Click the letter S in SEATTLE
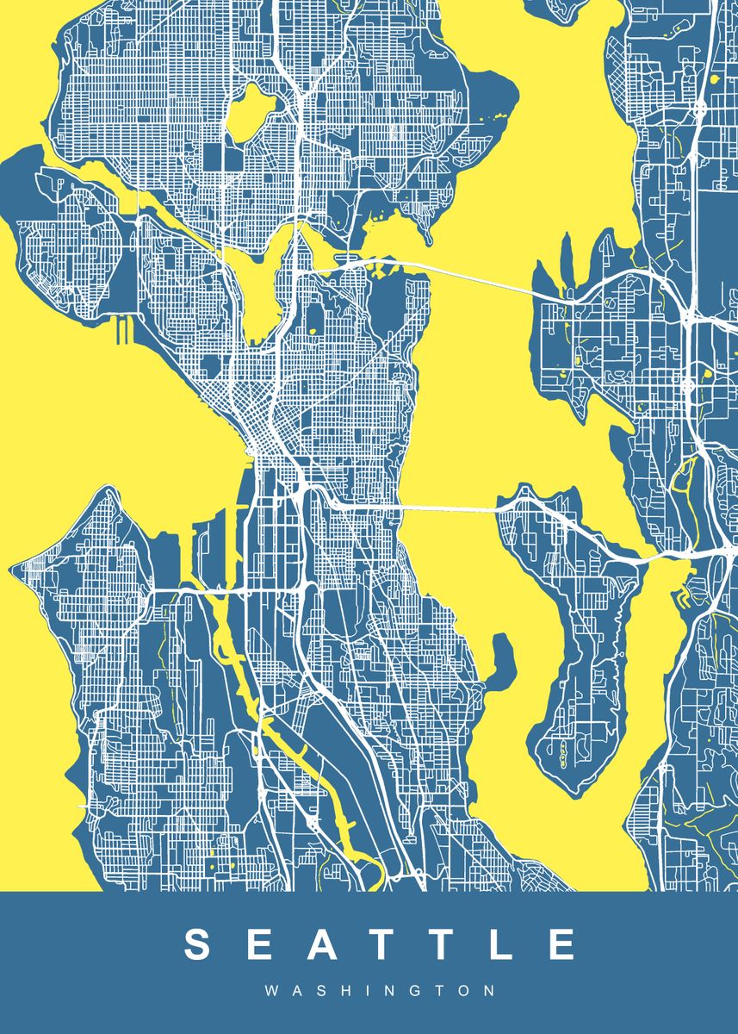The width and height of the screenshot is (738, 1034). point(199,944)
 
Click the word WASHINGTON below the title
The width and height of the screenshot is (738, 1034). point(380,991)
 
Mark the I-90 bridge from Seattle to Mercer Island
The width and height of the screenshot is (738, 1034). point(448,509)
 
